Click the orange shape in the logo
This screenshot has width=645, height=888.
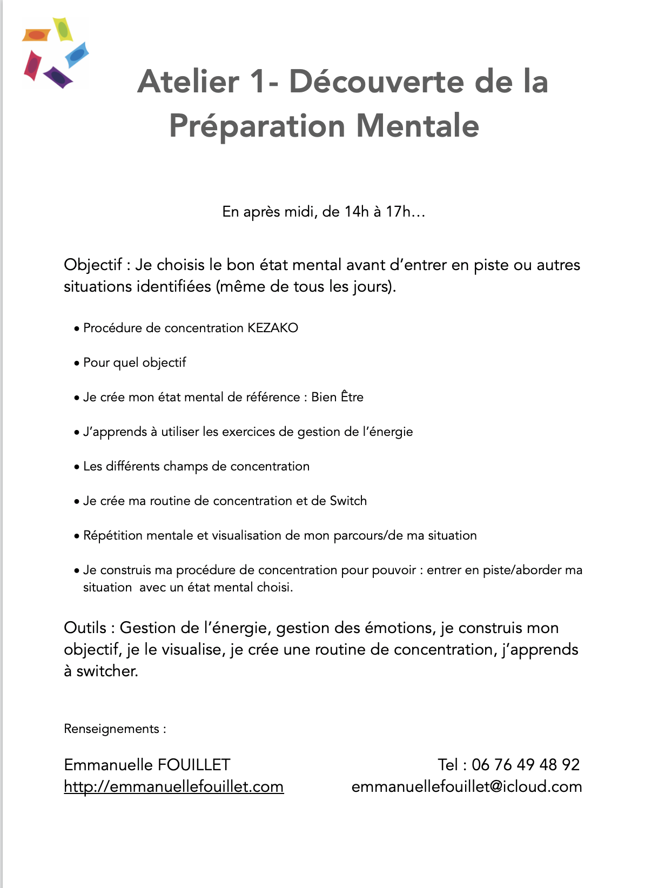click(36, 35)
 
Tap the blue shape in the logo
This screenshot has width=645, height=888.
click(77, 55)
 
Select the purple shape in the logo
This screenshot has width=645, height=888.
click(58, 77)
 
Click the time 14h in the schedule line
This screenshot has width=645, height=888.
click(356, 212)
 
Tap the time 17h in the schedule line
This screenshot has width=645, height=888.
click(399, 212)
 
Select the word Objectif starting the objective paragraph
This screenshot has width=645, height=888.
click(93, 265)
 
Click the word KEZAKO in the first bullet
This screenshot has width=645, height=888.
click(273, 328)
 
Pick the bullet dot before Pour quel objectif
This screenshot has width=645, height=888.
click(77, 364)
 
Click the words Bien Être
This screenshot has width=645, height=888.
click(337, 397)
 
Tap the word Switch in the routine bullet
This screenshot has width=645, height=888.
click(348, 501)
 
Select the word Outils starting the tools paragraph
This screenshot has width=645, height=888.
click(85, 628)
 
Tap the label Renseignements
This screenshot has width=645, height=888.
click(111, 729)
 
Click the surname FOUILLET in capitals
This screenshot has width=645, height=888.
click(194, 765)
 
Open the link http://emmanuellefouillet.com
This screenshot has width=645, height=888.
click(173, 786)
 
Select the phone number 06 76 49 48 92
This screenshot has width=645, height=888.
click(525, 765)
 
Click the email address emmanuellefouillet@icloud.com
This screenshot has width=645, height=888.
click(466, 786)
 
